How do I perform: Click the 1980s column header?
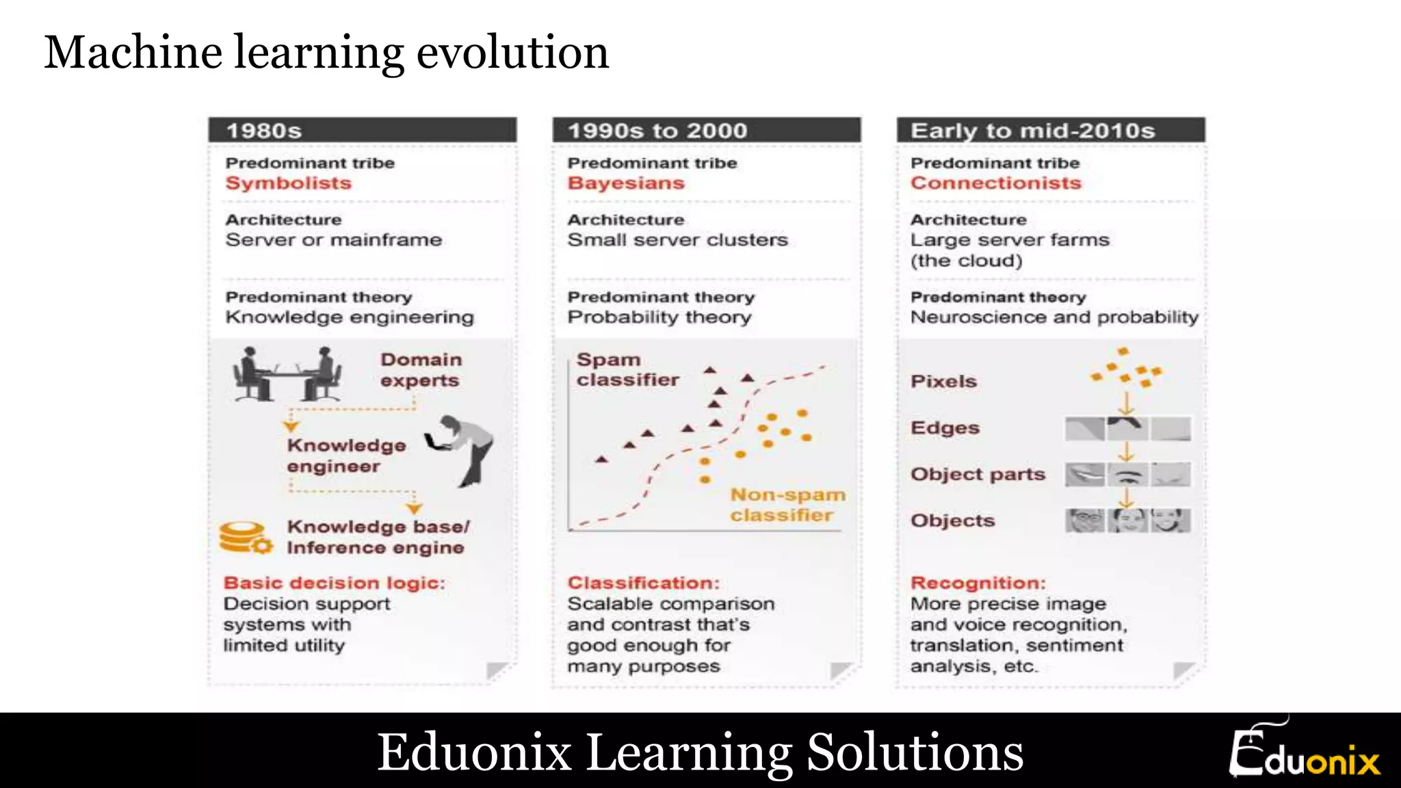coord(362,130)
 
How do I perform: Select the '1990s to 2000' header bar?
coord(706,130)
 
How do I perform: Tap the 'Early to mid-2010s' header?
coord(1050,130)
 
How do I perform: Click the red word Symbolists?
coord(288,183)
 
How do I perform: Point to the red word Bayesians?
coord(626,183)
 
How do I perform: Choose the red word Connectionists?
coord(996,183)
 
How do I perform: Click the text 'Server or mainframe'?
coord(334,239)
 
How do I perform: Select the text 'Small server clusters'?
coord(677,239)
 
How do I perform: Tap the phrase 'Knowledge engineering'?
coord(350,317)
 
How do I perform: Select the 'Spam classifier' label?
coord(627,369)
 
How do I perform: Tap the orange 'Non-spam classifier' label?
coord(787,504)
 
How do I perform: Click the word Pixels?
coord(943,381)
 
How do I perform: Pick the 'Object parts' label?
coord(978,474)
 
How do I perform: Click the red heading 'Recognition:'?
coord(978,583)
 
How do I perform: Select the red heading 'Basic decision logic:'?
coord(334,583)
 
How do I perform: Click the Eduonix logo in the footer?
coord(1305,752)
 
